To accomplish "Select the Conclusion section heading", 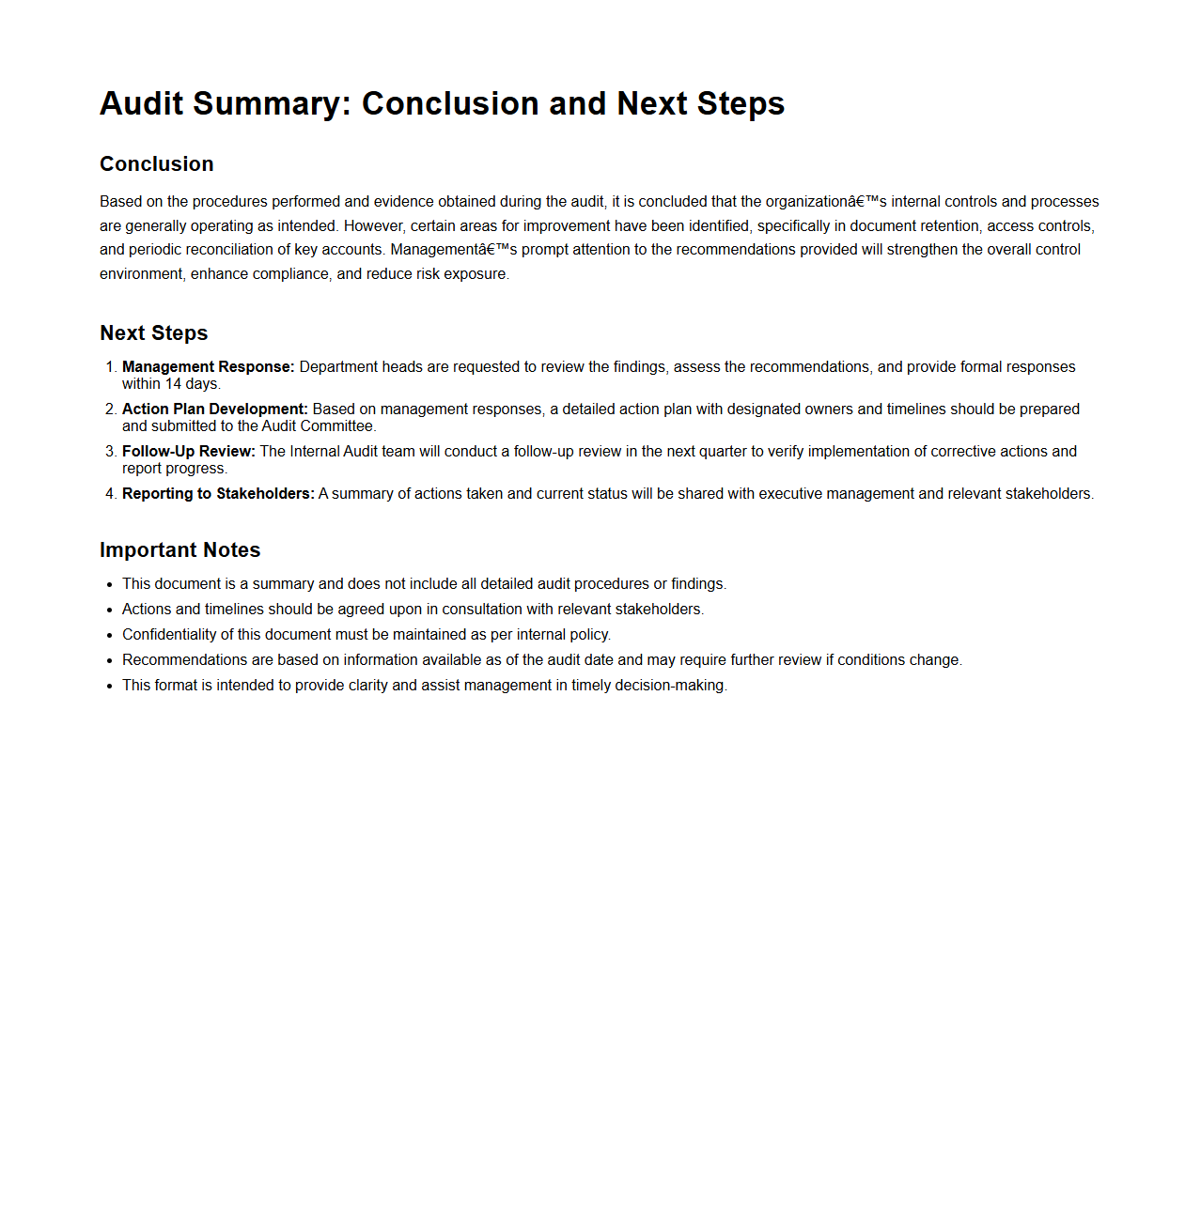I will point(157,164).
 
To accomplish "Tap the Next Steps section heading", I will point(154,333).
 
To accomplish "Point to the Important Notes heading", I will point(180,550).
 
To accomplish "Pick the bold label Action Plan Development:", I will point(215,410).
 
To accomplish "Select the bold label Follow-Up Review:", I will point(189,452).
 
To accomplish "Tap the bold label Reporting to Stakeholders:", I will point(218,494).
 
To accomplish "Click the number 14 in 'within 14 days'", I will point(173,384).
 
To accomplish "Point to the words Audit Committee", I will point(318,426).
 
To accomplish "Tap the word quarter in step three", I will point(719,452).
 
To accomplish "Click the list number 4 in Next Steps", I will point(110,494).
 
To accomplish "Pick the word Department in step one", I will point(338,367).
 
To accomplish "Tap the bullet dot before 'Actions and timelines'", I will point(110,610).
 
